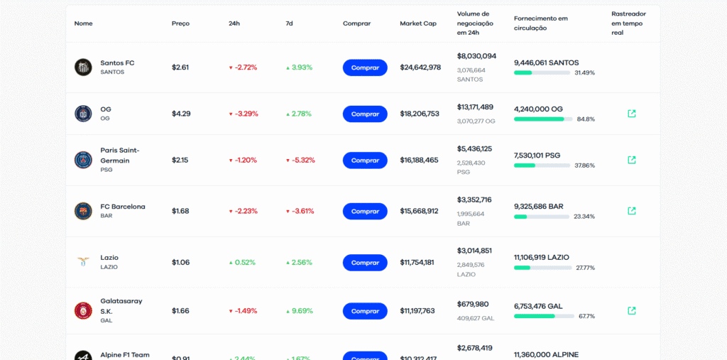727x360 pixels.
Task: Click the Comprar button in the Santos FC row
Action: pos(365,67)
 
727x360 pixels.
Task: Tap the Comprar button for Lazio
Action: pos(365,263)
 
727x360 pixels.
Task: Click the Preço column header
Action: pos(180,23)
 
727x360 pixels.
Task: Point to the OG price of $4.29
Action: pos(181,114)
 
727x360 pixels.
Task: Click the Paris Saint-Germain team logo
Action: pos(83,160)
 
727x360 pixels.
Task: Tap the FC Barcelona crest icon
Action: pos(83,211)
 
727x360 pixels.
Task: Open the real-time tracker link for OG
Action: pos(632,114)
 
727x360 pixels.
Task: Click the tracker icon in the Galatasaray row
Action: pos(632,310)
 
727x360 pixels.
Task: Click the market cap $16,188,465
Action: pos(419,160)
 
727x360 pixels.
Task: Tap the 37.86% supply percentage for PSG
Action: pos(584,165)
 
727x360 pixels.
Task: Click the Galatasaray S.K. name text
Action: pos(121,306)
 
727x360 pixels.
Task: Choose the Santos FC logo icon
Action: pos(83,67)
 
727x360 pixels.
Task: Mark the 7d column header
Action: pos(289,23)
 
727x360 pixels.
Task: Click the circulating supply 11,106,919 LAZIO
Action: pos(542,257)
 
